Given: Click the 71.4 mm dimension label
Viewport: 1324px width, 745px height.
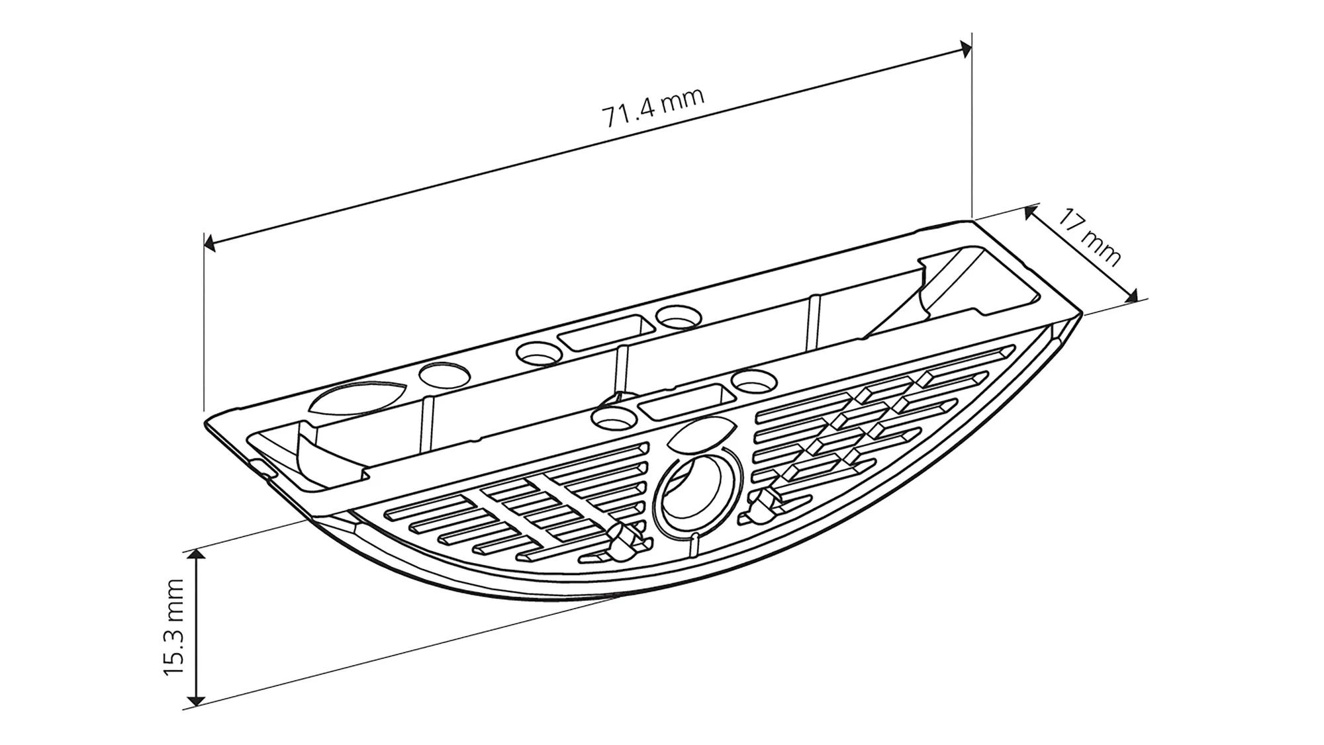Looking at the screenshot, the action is tap(653, 108).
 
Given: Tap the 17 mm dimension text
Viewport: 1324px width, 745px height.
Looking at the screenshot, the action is tap(1088, 236).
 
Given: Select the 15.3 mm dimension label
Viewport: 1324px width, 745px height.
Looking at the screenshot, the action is tap(173, 627).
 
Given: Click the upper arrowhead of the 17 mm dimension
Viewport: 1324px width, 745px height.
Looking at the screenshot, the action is tap(1030, 212).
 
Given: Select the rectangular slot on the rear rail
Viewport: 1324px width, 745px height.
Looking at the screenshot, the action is tap(603, 334).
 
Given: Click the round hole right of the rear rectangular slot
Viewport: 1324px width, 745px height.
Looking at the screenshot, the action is tap(678, 316).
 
